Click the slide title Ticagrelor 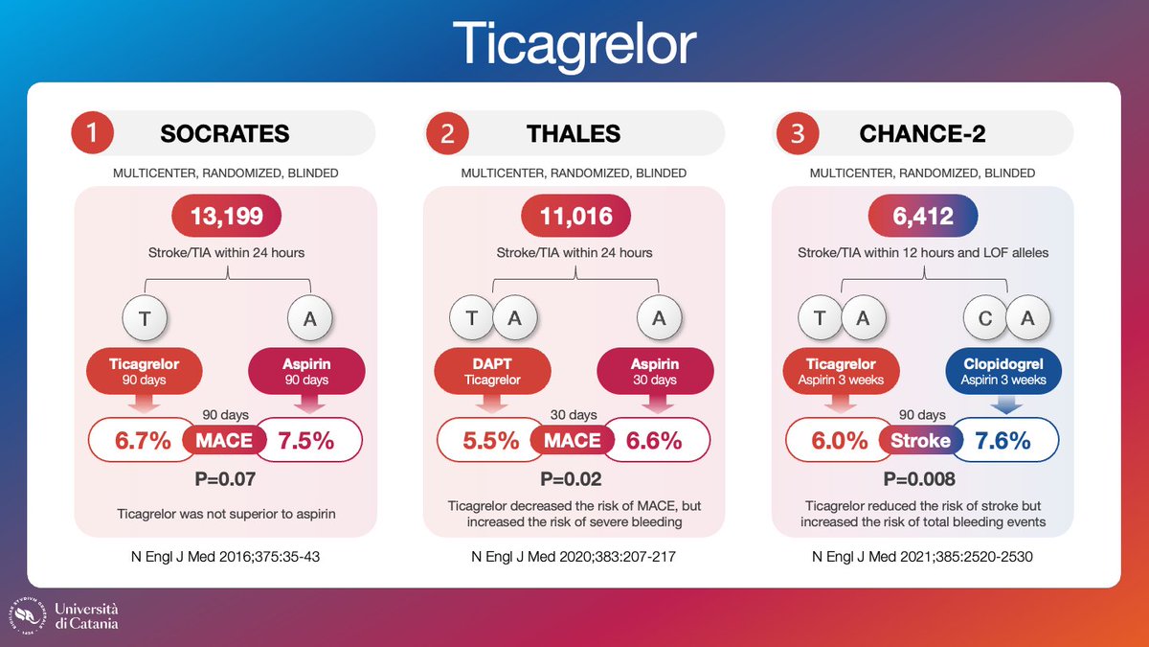(x=574, y=43)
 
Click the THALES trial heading (x=574, y=133)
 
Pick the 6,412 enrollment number (x=922, y=217)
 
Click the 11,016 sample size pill (x=574, y=217)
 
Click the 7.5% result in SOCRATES (x=305, y=441)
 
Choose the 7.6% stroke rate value (x=1003, y=441)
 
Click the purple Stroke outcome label (x=922, y=441)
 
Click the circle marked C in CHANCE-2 (x=985, y=319)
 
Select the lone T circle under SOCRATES (x=143, y=319)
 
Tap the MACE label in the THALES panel (x=574, y=441)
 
